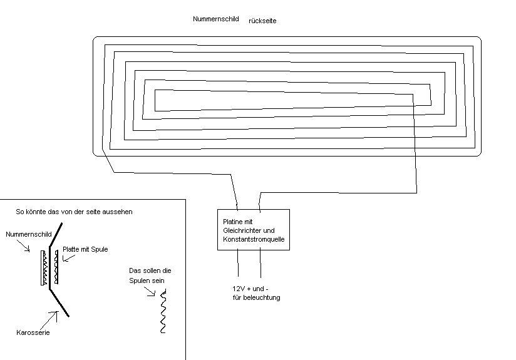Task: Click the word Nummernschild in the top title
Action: tap(216, 19)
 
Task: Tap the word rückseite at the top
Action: tap(262, 21)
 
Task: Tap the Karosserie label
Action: tap(33, 332)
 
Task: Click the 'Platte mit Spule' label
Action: tap(85, 249)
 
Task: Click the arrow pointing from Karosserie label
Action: tap(58, 317)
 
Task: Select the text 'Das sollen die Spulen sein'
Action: tap(150, 275)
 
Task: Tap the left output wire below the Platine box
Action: tap(238, 263)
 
